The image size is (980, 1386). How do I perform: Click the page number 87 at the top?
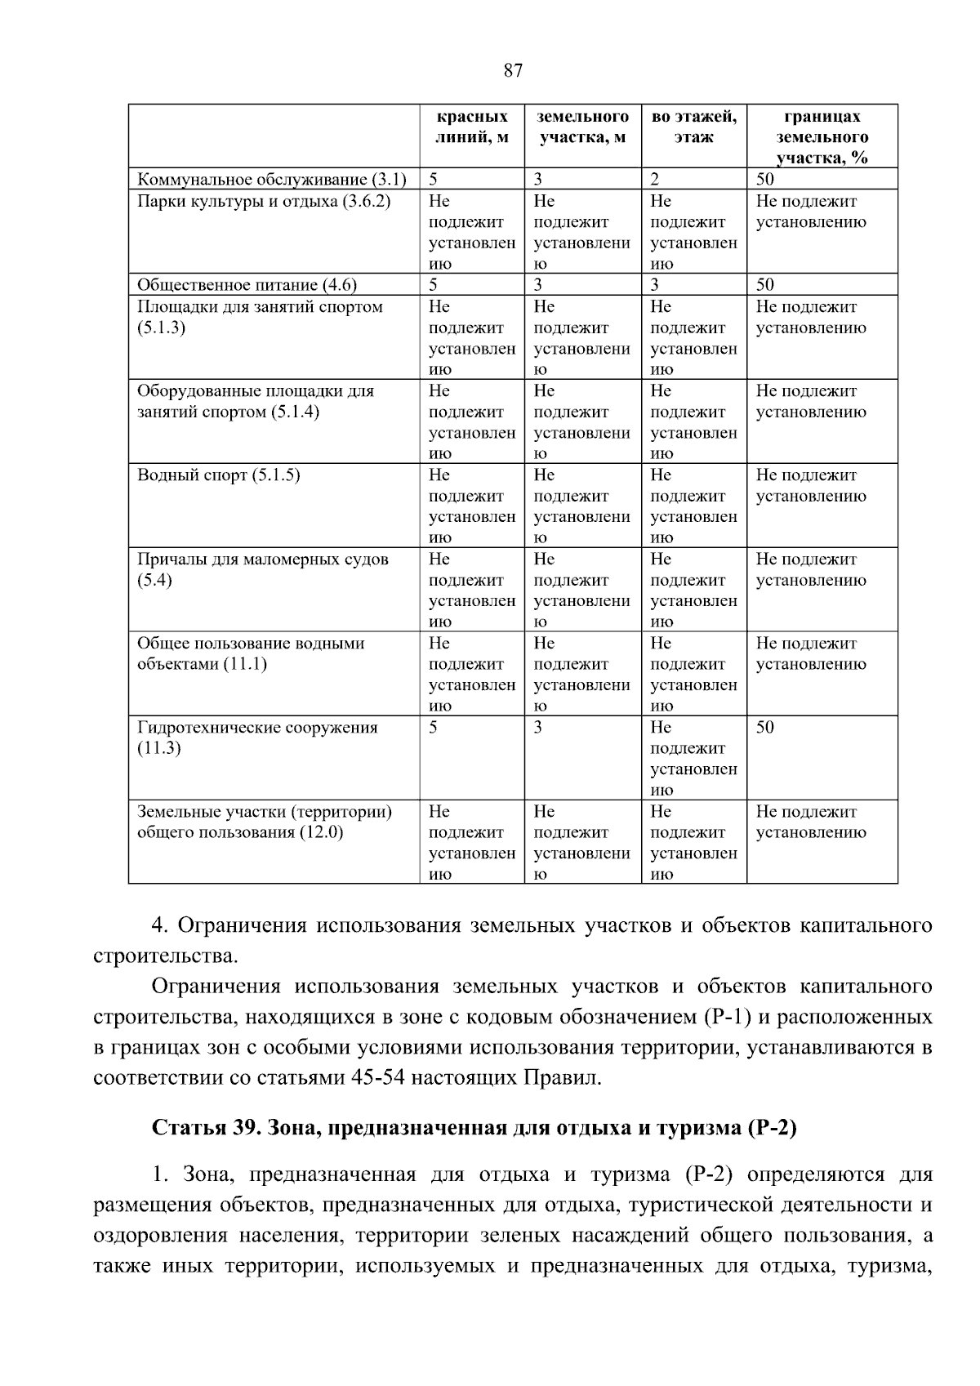coord(513,70)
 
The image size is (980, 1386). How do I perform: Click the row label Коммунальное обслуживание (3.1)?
coord(271,180)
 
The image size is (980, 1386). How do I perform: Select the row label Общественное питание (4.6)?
coord(247,285)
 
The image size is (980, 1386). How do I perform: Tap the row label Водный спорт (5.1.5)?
coord(218,475)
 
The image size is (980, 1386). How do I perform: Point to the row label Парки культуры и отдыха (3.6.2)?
coord(264,201)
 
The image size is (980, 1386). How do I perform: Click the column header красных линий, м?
coord(471,127)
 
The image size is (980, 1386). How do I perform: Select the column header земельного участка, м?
coord(582,127)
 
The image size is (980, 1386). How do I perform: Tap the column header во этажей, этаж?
coord(693,127)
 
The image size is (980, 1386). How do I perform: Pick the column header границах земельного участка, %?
coord(822,137)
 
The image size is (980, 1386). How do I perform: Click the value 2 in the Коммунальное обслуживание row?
coord(654,180)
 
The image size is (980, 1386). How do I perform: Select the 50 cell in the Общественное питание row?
coord(765,285)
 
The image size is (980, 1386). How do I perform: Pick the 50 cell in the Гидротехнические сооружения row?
coord(765,728)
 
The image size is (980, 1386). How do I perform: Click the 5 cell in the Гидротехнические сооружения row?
coord(434,728)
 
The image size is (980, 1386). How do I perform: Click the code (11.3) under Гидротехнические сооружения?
coord(158,748)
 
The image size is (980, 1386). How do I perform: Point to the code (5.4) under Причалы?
coord(154,580)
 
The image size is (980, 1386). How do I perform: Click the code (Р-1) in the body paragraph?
coord(722,1017)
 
